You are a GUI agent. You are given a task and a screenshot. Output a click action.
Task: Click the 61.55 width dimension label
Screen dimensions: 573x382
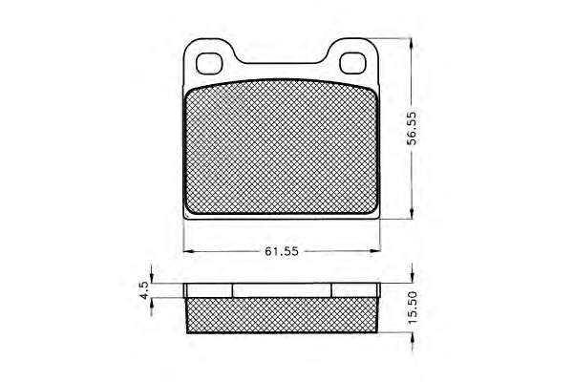click(282, 251)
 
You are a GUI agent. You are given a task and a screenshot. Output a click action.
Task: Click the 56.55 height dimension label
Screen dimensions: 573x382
click(412, 128)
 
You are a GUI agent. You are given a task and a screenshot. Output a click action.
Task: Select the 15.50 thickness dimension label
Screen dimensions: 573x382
click(412, 308)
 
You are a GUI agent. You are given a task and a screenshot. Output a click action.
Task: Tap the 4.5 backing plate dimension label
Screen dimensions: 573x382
click(144, 290)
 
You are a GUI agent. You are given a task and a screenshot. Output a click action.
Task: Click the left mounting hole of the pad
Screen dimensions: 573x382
click(209, 64)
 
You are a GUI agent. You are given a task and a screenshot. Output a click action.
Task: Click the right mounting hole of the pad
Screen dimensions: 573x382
click(352, 63)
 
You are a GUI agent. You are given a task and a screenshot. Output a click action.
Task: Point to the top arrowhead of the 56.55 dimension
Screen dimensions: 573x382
click(413, 44)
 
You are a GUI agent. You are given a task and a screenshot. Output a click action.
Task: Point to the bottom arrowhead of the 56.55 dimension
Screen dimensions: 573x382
click(413, 213)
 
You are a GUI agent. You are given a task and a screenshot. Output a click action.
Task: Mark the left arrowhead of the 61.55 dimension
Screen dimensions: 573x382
click(188, 251)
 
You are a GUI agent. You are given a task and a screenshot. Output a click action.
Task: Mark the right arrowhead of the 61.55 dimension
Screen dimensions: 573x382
click(374, 251)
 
